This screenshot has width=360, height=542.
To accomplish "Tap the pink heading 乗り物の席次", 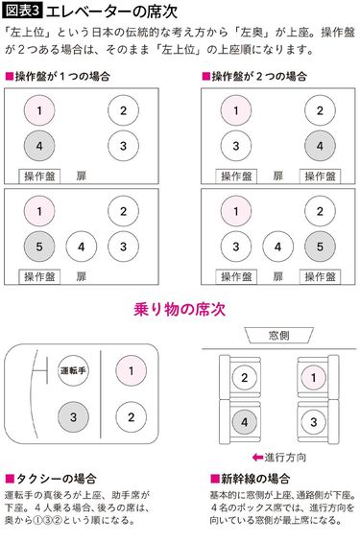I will tap(180, 309).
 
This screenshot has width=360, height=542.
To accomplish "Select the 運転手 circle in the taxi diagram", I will tap(76, 369).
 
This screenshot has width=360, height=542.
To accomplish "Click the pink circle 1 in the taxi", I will tap(130, 369).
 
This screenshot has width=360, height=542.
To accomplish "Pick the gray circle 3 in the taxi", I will tap(76, 416).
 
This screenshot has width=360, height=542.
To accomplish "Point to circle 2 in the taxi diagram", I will tap(130, 416).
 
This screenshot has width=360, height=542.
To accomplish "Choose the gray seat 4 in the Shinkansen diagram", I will tap(244, 420).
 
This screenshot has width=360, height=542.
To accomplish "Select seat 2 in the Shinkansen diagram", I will tap(244, 377).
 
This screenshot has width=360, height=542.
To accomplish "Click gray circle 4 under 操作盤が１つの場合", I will tap(39, 146).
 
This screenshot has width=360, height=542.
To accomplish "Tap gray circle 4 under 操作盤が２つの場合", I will tap(320, 146).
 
